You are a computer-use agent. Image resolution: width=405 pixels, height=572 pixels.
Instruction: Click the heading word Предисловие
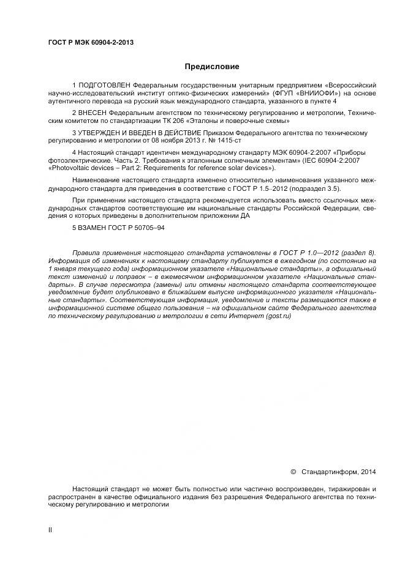coord(212,66)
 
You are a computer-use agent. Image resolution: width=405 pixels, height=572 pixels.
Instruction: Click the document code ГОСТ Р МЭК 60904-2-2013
coord(91,42)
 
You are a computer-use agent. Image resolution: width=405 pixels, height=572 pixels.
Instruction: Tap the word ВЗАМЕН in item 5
coord(92,228)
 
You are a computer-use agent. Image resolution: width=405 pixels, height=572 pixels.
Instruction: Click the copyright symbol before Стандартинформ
coord(293,472)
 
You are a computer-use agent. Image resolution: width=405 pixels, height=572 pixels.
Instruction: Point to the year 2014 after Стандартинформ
coord(367,472)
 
